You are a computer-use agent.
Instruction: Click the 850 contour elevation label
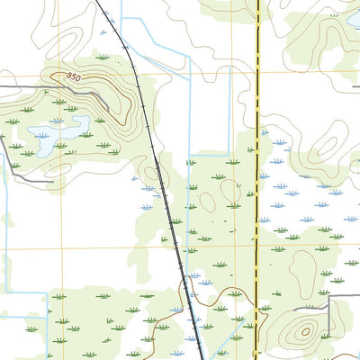(74, 78)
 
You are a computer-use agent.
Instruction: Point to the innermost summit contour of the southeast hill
(305, 331)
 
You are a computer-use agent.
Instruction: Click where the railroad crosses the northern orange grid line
(137, 73)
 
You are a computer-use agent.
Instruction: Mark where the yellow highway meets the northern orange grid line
(258, 73)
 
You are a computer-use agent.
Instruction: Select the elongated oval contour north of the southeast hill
(306, 269)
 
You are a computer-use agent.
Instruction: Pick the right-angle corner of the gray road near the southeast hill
(330, 297)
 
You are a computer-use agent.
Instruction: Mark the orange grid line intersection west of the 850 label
(60, 73)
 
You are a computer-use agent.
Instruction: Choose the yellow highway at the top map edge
(258, 2)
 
